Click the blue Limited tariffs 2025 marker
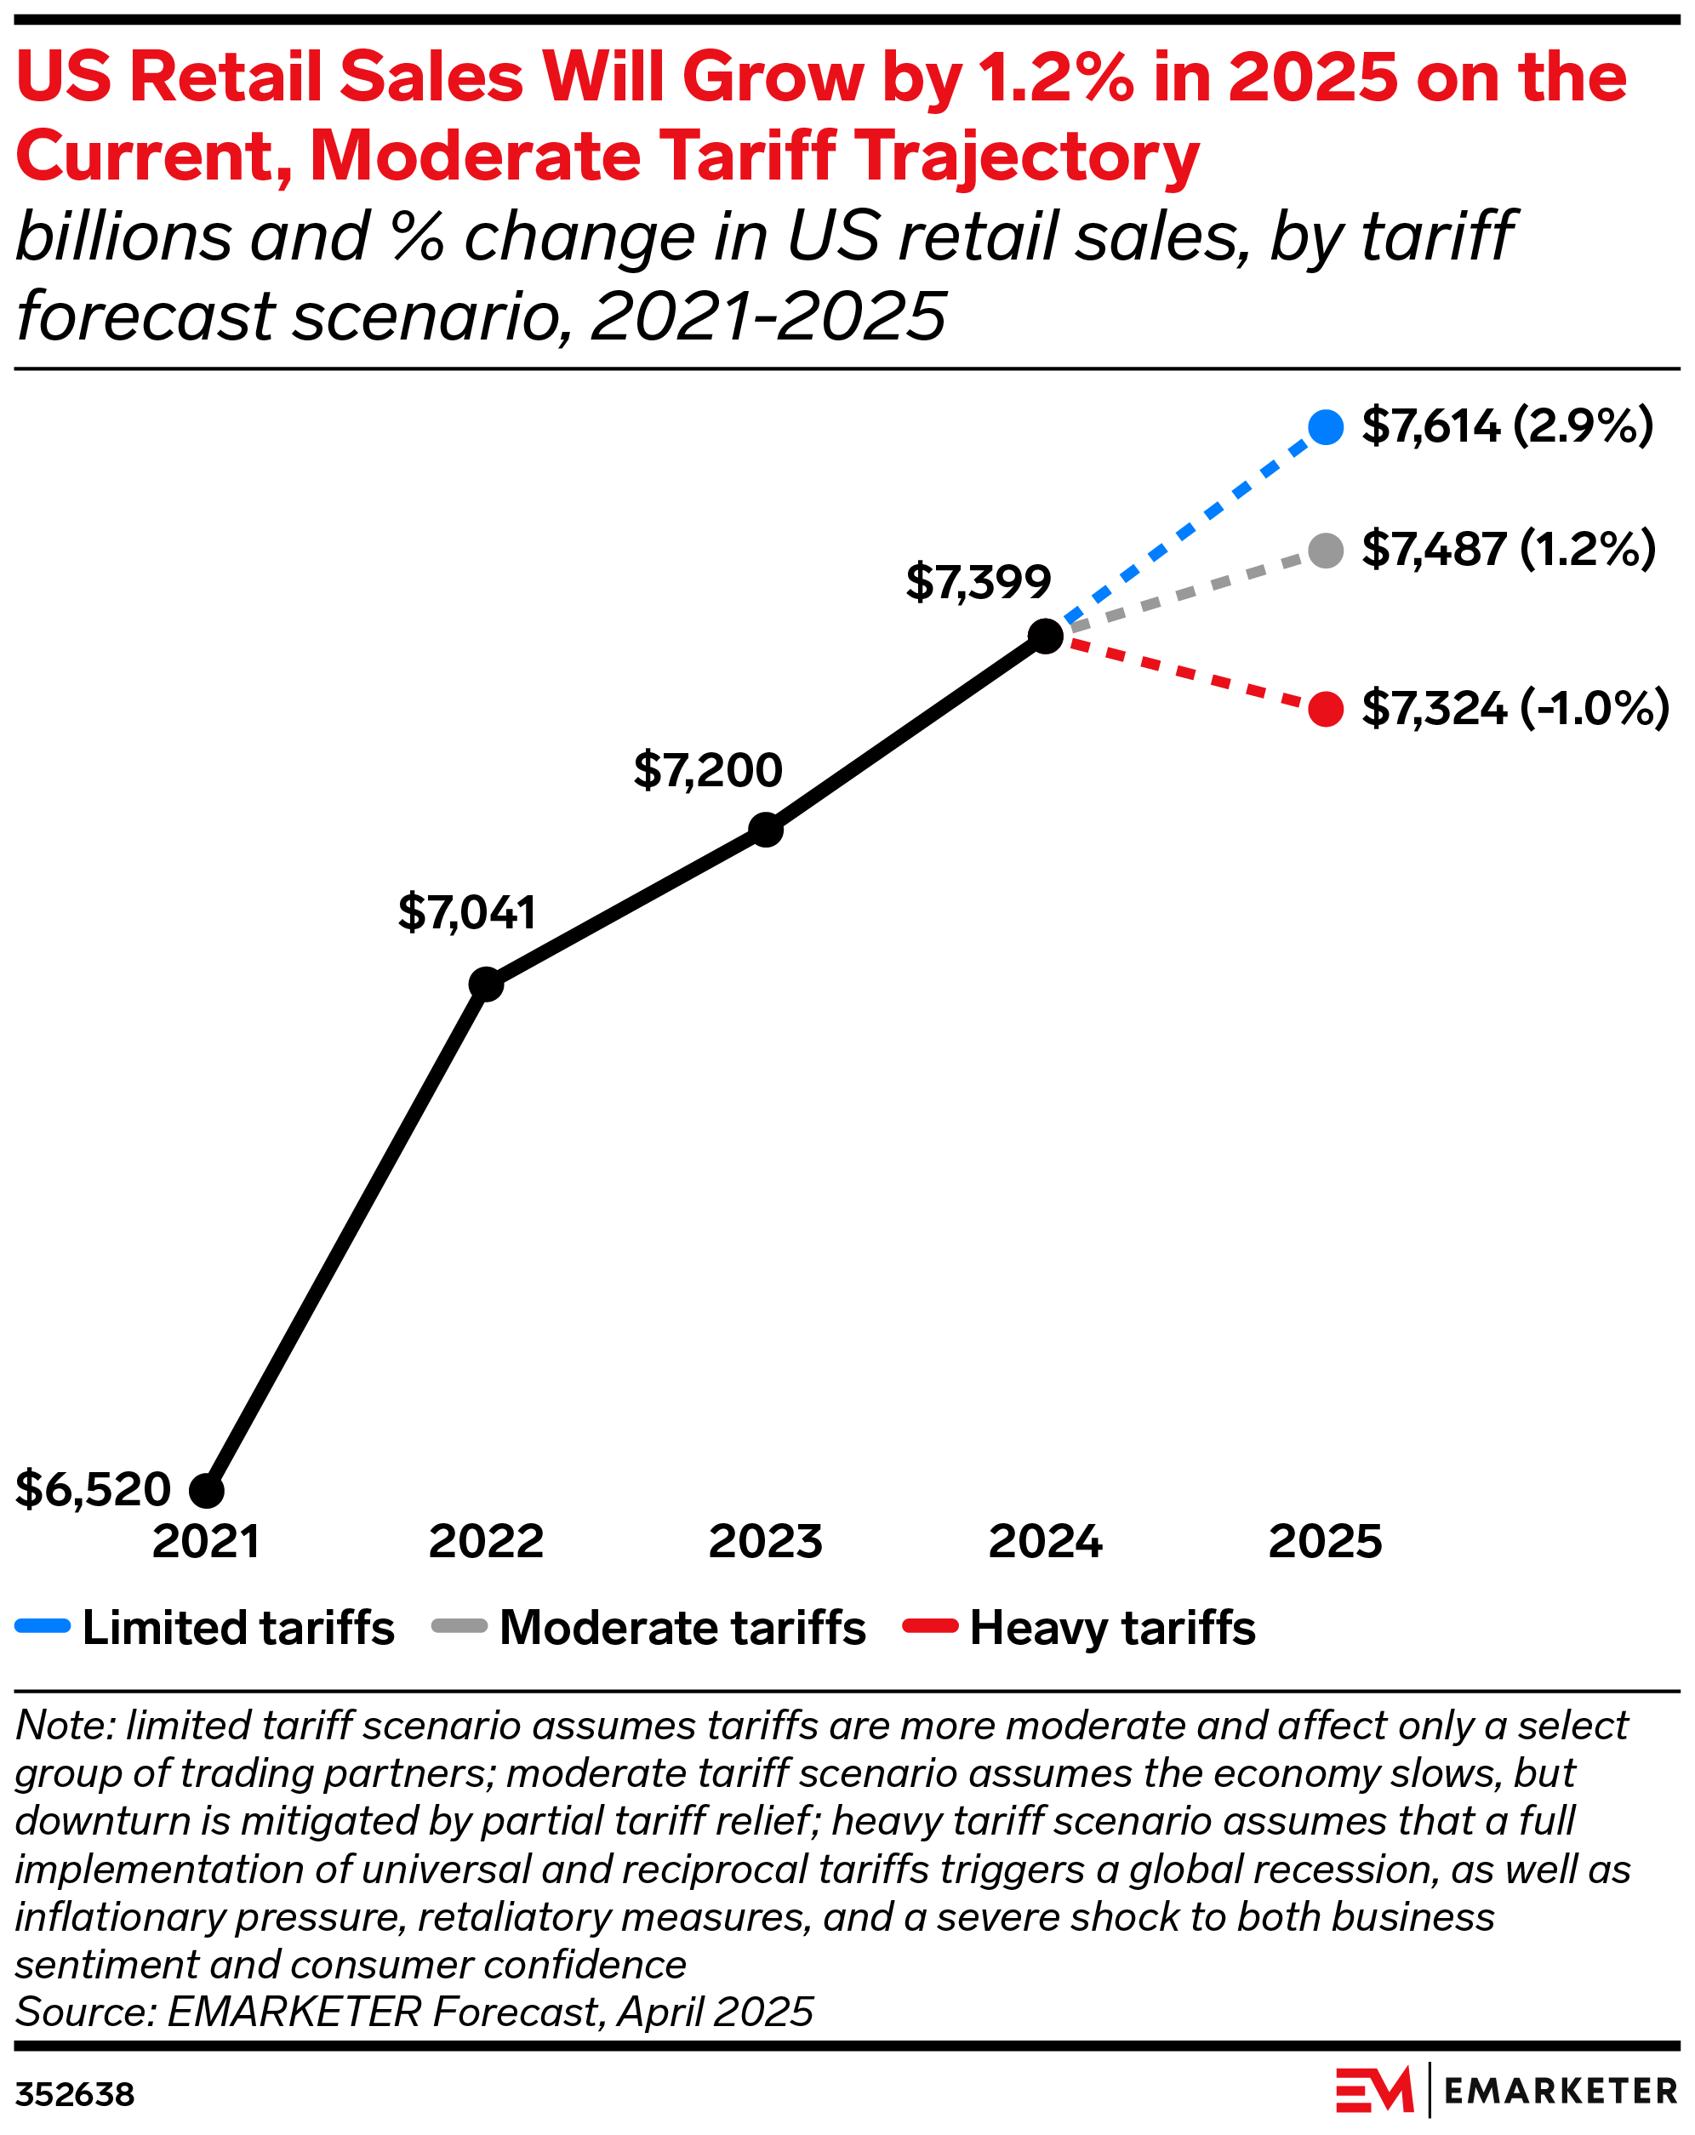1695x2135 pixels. click(1326, 427)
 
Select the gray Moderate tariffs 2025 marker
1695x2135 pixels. click(1326, 550)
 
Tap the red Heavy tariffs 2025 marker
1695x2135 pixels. click(1326, 709)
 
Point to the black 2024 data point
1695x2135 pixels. click(1046, 636)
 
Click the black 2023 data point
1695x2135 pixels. click(765, 830)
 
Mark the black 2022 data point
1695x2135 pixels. click(486, 985)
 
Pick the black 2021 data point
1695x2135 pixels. click(206, 1489)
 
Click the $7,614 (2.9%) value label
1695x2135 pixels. click(1507, 425)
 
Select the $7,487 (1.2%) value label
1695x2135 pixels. click(1508, 550)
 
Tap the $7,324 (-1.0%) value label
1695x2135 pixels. click(1515, 709)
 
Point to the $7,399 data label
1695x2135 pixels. click(979, 582)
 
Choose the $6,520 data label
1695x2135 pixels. click(93, 1489)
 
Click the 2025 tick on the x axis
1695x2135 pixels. click(1326, 1542)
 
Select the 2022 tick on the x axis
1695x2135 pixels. click(486, 1542)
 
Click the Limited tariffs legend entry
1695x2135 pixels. click(206, 1627)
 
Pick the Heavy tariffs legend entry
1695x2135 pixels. click(1079, 1627)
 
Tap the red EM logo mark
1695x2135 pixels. click(1374, 2091)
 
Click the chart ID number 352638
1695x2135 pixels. click(75, 2094)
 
